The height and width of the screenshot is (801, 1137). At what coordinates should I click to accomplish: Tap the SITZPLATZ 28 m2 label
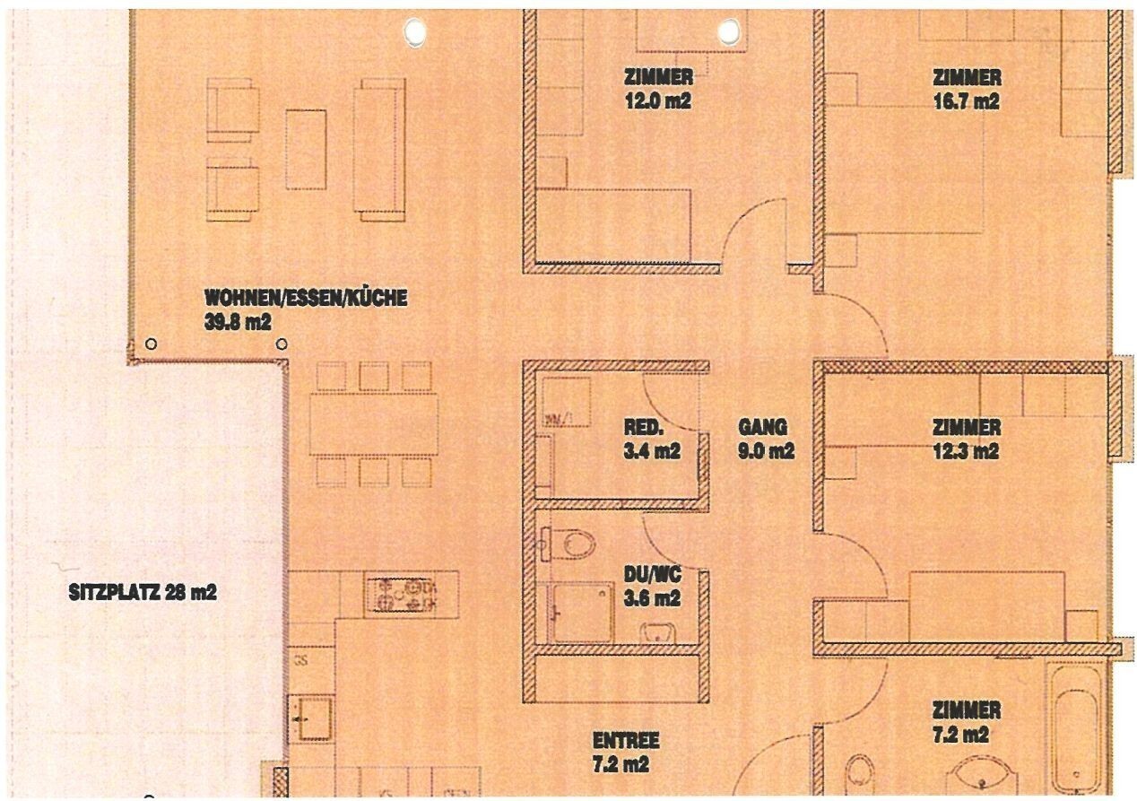[x=143, y=593]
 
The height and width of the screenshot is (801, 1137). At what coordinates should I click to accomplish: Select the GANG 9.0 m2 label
[x=766, y=439]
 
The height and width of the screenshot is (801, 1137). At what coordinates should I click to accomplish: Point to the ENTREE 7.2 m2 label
[x=626, y=752]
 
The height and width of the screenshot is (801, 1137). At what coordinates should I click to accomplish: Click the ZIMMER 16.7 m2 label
[x=965, y=90]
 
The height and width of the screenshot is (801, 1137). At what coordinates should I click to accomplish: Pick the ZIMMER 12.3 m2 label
[x=965, y=439]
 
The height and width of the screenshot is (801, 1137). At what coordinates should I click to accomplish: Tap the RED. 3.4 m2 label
[x=652, y=439]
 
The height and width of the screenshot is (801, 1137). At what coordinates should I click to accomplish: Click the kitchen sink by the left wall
[x=311, y=718]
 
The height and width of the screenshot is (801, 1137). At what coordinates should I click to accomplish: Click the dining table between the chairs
[x=374, y=423]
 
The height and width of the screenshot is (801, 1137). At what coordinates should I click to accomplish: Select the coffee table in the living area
[x=306, y=149]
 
